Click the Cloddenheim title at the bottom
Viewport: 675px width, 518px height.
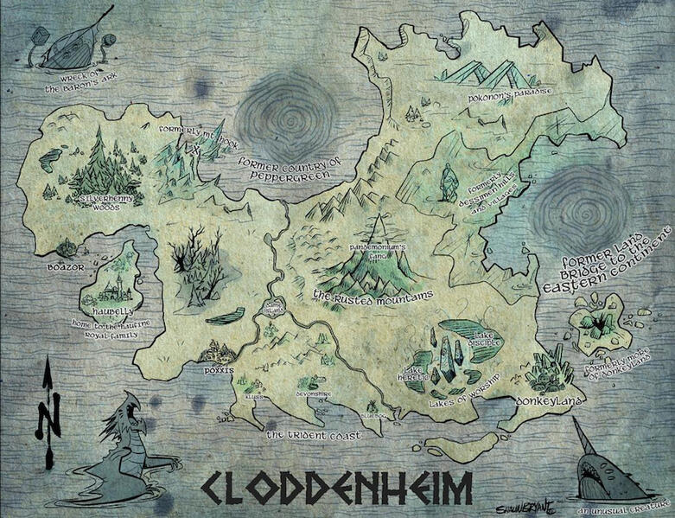tap(338, 488)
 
